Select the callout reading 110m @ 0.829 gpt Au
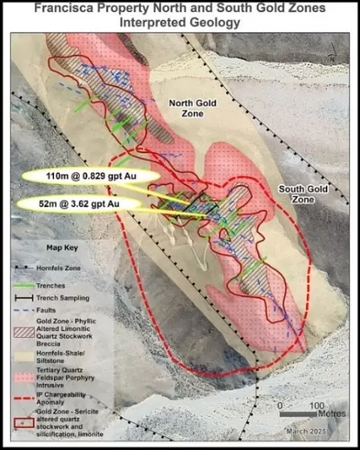click(x=90, y=176)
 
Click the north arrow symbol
click(x=332, y=55)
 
